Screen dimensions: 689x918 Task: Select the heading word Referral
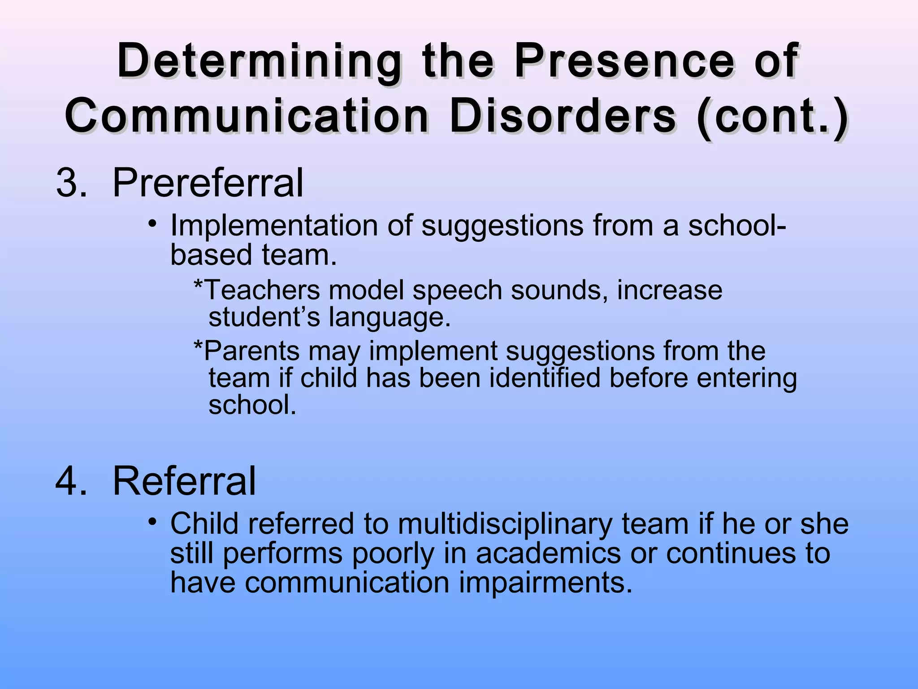click(x=184, y=481)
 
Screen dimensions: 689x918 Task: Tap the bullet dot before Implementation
click(x=153, y=223)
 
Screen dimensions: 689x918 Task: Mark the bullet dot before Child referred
click(x=153, y=522)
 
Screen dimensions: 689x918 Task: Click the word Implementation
click(x=274, y=225)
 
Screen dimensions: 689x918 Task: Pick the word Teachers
click(x=262, y=290)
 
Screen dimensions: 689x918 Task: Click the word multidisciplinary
click(x=505, y=524)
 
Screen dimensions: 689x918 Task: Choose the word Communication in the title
click(x=247, y=117)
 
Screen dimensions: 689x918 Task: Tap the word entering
click(x=747, y=379)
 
